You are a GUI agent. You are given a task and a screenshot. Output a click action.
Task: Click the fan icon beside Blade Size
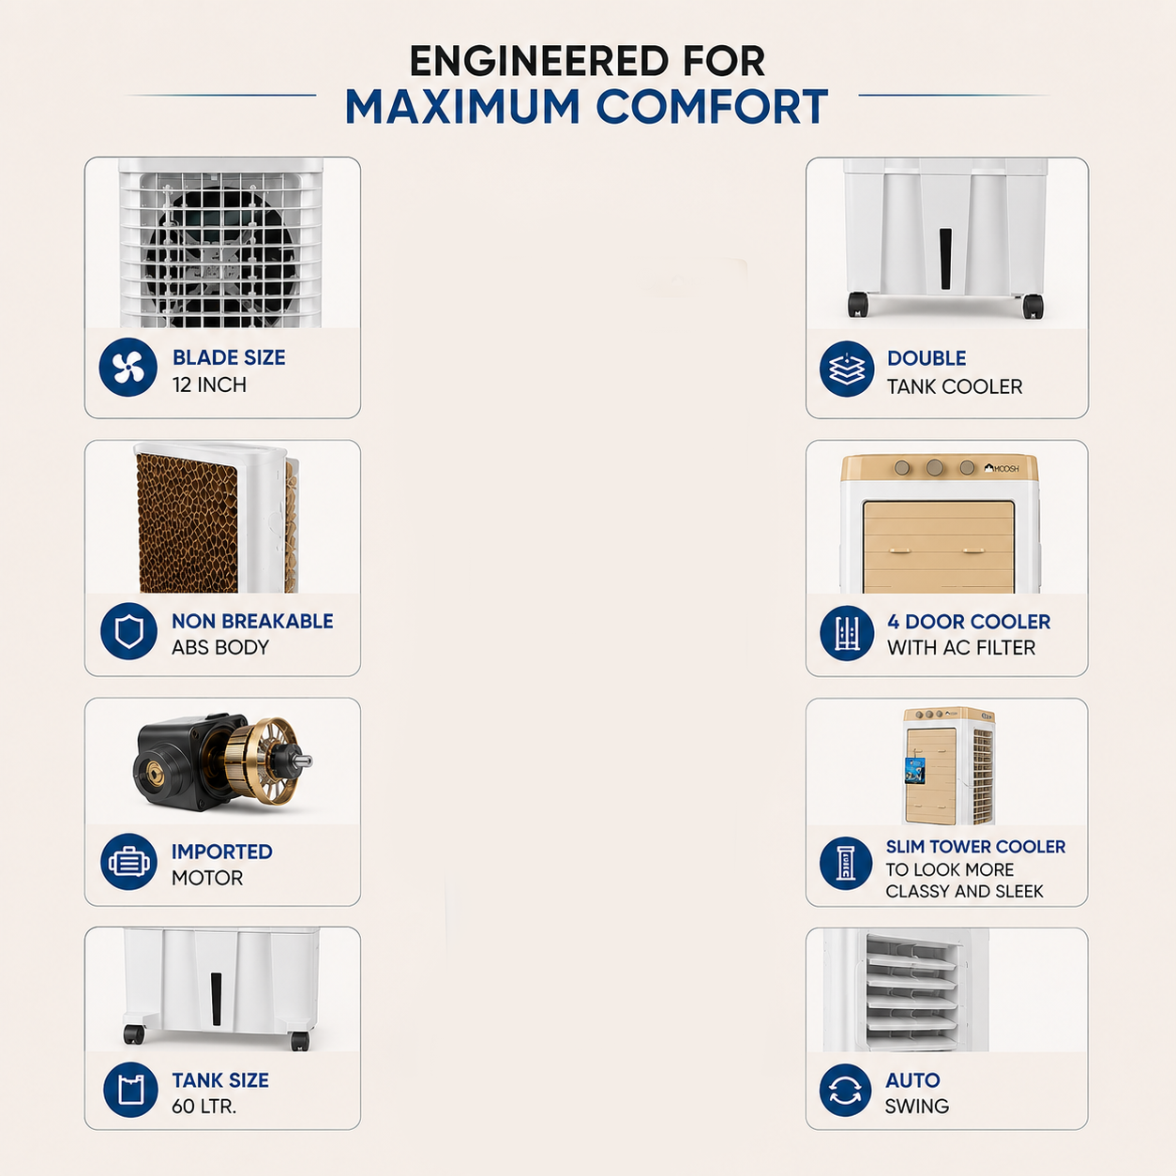128,368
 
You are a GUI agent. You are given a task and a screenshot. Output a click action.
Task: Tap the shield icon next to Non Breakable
128,631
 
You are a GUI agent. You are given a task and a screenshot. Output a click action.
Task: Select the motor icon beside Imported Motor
128,862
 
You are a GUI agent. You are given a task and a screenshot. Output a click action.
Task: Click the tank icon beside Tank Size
130,1090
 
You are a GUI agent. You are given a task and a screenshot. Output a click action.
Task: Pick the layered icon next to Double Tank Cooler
847,369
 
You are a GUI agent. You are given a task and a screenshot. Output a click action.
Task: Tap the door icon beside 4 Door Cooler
847,633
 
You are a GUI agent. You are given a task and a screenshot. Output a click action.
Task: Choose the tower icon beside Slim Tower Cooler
845,863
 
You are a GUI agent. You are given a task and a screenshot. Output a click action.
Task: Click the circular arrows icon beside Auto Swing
845,1091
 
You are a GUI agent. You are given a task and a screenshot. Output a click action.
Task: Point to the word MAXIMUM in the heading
462,107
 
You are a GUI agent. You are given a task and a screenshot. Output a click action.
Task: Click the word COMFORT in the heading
712,107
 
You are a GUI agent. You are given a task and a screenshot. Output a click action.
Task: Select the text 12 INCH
209,385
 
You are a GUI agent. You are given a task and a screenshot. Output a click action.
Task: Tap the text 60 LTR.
204,1106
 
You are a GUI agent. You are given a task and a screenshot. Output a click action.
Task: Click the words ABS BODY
220,647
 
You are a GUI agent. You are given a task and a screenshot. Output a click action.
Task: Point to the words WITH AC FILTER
961,647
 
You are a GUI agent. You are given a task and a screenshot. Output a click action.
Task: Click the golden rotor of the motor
262,761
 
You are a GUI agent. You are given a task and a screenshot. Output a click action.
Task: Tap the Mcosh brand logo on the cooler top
1002,468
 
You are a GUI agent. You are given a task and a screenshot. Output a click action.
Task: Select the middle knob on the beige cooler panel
934,468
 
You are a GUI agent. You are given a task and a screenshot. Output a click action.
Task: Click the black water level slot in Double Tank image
945,259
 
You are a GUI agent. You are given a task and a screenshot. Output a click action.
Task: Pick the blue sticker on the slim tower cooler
915,770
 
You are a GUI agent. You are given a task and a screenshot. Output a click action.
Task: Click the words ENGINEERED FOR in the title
587,61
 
